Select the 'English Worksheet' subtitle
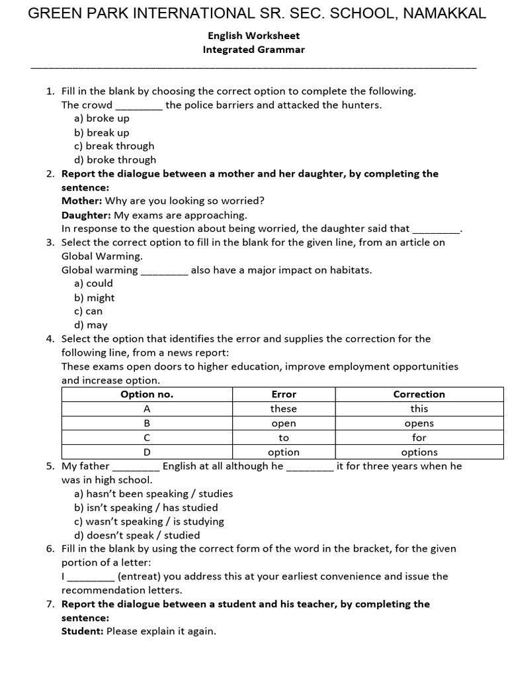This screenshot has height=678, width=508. [253, 36]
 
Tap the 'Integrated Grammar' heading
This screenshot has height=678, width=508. [253, 50]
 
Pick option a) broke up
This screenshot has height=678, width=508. [102, 118]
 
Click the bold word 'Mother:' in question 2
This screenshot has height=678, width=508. [82, 201]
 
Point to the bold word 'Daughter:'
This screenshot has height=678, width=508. [87, 215]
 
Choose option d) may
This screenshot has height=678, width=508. [91, 325]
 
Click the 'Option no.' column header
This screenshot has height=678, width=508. [147, 394]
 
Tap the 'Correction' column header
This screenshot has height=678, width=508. [419, 394]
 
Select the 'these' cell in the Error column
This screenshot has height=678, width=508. [284, 409]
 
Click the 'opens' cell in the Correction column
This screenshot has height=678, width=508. [419, 423]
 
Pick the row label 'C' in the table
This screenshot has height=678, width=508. [147, 438]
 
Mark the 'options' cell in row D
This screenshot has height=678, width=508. [419, 452]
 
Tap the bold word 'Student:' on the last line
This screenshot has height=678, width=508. [82, 631]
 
